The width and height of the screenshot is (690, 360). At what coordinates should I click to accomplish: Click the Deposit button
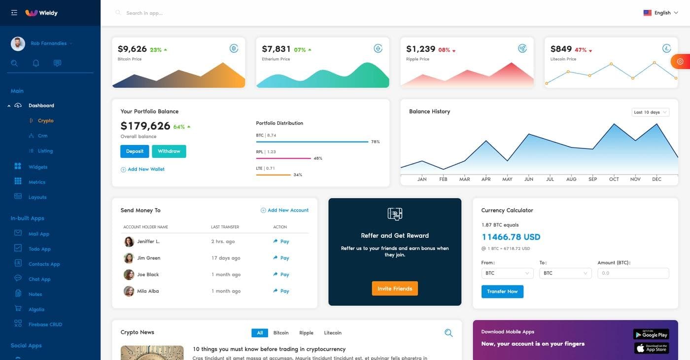click(135, 151)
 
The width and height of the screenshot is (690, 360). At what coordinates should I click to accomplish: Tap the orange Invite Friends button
click(395, 288)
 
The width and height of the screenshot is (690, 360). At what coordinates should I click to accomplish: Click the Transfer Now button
click(502, 291)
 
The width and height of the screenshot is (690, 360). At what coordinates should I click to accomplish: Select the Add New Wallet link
click(146, 169)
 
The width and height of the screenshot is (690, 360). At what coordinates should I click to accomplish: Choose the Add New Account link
click(288, 210)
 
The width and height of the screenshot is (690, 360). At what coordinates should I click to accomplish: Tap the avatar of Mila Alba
click(129, 291)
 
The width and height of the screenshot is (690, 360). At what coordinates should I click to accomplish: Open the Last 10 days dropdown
click(650, 112)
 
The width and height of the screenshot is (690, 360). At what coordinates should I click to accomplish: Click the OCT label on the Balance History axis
click(614, 179)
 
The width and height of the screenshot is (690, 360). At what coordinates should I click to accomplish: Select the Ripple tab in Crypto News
click(306, 333)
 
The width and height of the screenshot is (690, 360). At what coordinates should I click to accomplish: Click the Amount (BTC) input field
click(633, 273)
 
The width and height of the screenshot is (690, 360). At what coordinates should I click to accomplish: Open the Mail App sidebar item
click(39, 234)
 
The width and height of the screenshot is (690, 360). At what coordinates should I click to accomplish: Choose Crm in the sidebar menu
click(42, 136)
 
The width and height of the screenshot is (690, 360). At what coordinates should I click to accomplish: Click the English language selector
click(661, 13)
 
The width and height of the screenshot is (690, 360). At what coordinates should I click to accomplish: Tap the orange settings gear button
click(680, 61)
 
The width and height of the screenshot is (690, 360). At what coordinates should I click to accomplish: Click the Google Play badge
click(651, 334)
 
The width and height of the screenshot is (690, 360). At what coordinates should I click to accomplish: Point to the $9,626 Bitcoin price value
click(132, 49)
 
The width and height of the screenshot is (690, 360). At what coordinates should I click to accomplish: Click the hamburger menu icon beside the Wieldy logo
click(14, 13)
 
